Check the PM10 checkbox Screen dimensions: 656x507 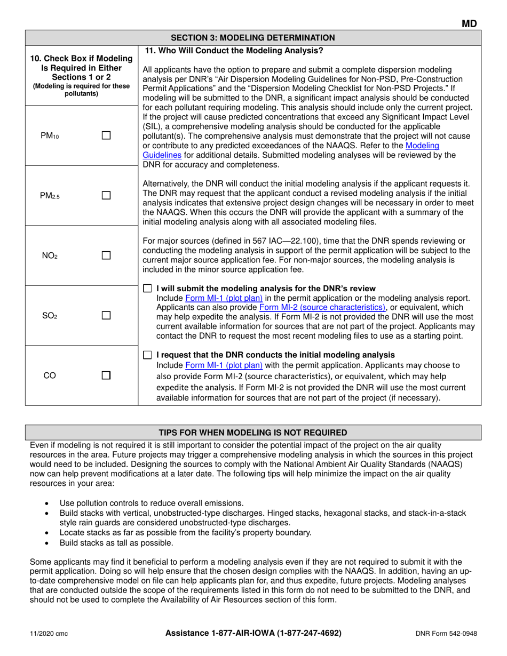[106, 136]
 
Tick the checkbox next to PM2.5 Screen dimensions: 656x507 [106, 196]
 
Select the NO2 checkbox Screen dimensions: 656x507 [106, 255]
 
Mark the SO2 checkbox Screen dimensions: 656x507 [106, 316]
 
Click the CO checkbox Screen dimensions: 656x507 [106, 375]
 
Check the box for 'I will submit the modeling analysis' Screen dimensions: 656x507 [148, 289]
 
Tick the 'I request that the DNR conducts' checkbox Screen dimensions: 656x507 [148, 355]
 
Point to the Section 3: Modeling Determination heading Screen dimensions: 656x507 [253, 37]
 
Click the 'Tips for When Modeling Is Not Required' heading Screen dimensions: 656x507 [253, 432]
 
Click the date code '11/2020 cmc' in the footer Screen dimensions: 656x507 [49, 634]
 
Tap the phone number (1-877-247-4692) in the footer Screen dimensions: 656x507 [303, 633]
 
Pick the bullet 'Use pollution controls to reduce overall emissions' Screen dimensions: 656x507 [152, 503]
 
